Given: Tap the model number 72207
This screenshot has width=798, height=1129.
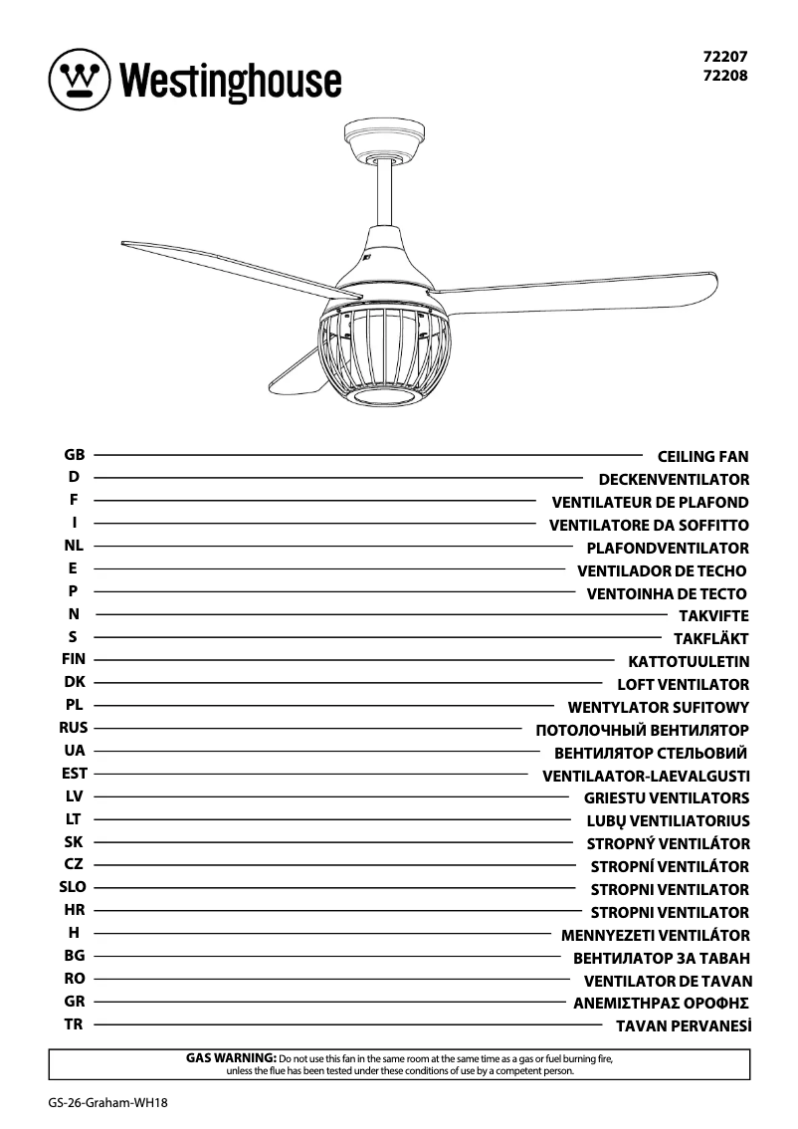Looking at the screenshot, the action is (x=726, y=58).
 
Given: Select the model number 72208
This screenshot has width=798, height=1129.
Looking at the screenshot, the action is (x=726, y=75).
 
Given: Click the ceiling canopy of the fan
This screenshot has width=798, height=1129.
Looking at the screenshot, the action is (x=384, y=138).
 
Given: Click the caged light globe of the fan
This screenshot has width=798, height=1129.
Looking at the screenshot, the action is (x=384, y=353).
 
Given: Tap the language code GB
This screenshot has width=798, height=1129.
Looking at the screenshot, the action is (x=74, y=455).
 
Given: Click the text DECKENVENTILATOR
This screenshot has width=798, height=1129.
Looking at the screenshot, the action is (x=674, y=480).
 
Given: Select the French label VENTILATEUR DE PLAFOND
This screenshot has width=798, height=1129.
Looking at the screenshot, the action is (x=650, y=503).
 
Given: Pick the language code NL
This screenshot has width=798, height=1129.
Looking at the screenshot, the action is (x=74, y=546).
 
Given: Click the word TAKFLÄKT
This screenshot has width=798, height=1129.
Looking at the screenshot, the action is (x=710, y=639).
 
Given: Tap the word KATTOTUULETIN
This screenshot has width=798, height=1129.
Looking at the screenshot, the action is (x=689, y=662).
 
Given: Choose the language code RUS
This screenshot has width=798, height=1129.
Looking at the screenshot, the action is (x=74, y=728).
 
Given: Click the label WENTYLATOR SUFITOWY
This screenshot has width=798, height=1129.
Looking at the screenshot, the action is (x=658, y=708).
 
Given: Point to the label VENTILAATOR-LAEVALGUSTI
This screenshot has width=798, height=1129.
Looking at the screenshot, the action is (x=646, y=776).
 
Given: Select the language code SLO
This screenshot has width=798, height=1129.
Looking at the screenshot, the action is (x=74, y=887).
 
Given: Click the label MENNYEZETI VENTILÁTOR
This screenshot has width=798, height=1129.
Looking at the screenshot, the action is (x=655, y=936).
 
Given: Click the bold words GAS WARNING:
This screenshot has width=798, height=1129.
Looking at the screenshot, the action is (x=231, y=1057).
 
